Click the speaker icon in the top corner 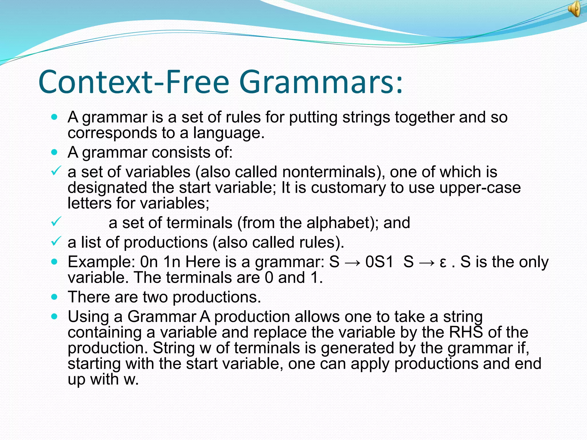point(575,9)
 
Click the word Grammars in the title point(321,82)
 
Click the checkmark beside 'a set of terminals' point(56,222)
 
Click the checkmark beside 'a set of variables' point(56,171)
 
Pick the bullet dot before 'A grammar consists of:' point(54,152)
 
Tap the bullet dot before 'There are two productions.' point(54,297)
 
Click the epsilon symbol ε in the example point(443,262)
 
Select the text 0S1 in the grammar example point(379,262)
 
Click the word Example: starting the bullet point(101,262)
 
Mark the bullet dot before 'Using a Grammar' point(54,317)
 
